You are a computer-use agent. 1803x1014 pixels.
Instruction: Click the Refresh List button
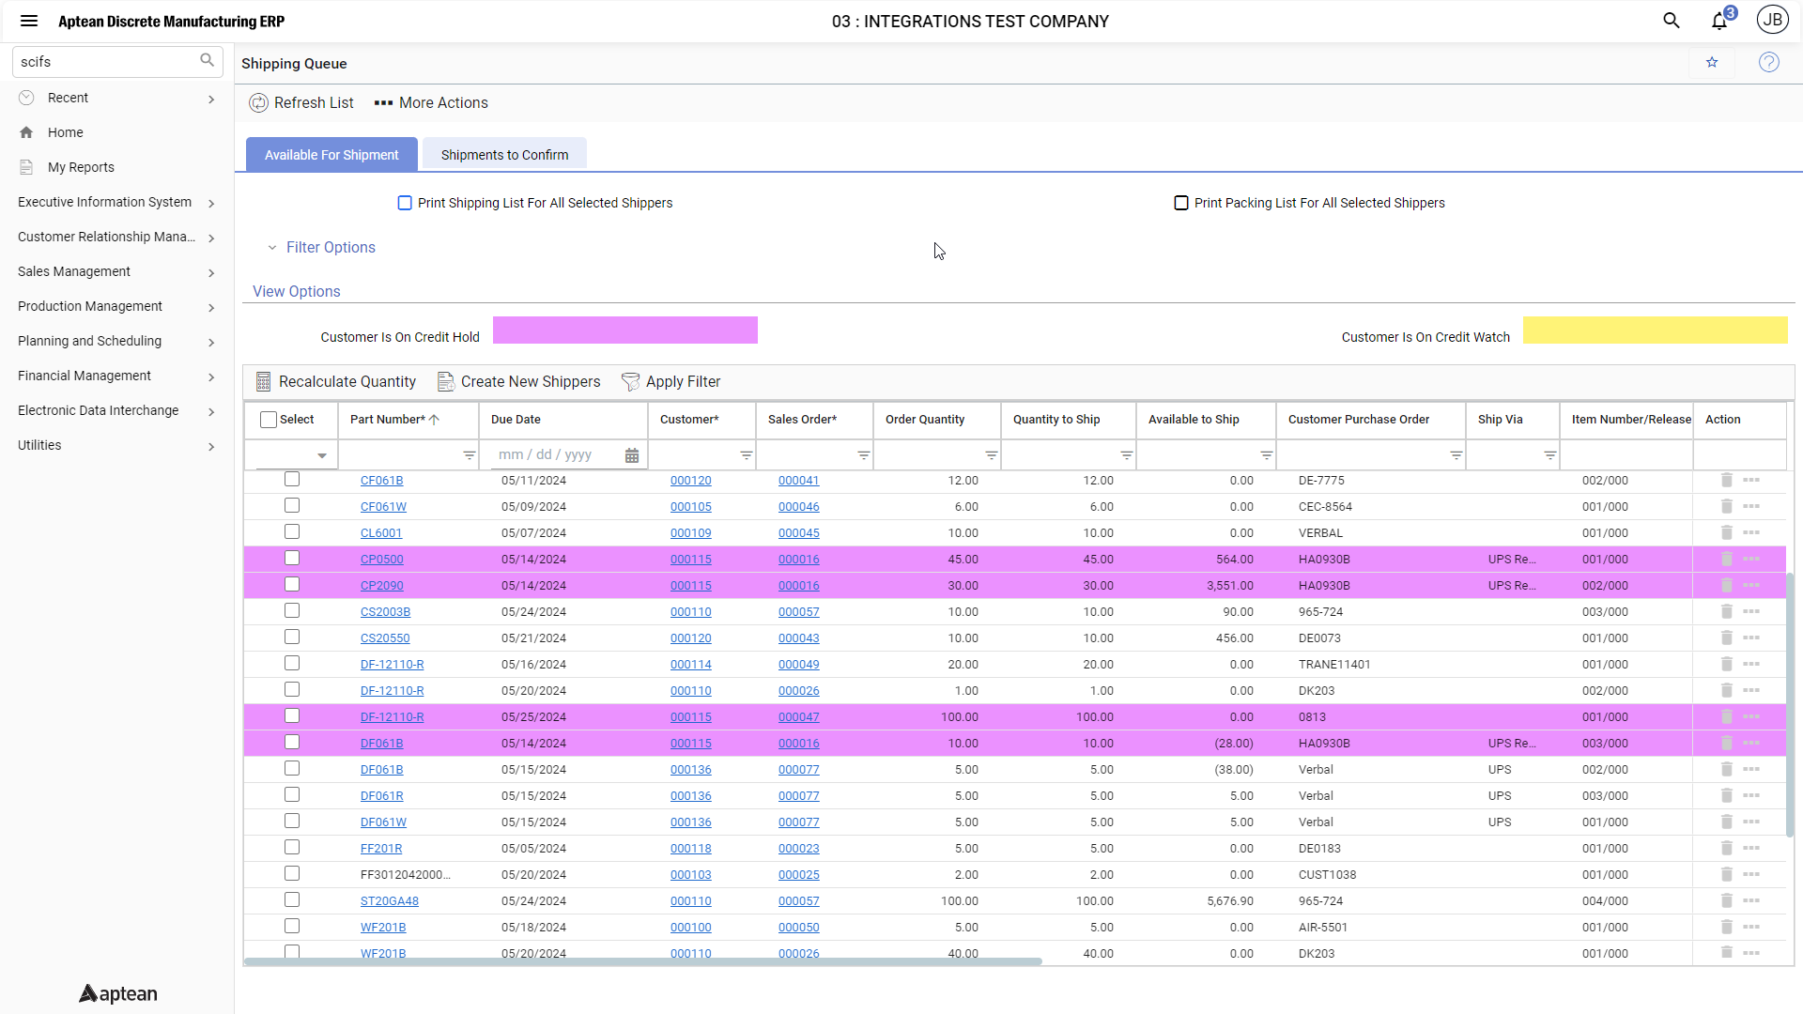click(x=301, y=103)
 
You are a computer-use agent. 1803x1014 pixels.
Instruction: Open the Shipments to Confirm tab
click(x=504, y=155)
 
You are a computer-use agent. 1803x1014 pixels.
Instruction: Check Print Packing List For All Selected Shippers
click(x=1181, y=203)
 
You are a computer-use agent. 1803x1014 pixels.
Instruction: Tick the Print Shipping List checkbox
click(x=405, y=203)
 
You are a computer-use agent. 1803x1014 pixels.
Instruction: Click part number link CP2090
click(x=381, y=586)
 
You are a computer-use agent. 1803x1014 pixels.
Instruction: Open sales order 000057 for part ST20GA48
click(x=798, y=901)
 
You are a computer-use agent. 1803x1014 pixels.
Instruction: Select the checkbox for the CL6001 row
click(x=292, y=532)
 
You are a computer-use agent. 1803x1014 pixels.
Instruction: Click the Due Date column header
click(x=516, y=420)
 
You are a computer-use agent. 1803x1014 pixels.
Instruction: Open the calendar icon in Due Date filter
click(x=632, y=455)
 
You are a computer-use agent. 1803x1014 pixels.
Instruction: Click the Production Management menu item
click(x=90, y=306)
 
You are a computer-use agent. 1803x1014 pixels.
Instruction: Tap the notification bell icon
click(x=1719, y=22)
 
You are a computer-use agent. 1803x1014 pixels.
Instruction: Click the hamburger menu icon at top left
click(x=29, y=22)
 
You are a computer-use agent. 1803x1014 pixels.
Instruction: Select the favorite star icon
click(x=1712, y=63)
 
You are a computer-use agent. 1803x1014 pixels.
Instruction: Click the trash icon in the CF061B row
click(x=1726, y=480)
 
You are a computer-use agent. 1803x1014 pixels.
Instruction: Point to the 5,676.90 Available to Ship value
click(x=1229, y=901)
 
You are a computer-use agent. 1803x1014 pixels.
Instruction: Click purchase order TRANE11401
click(x=1333, y=665)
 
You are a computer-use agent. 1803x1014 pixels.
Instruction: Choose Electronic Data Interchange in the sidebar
click(x=98, y=410)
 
